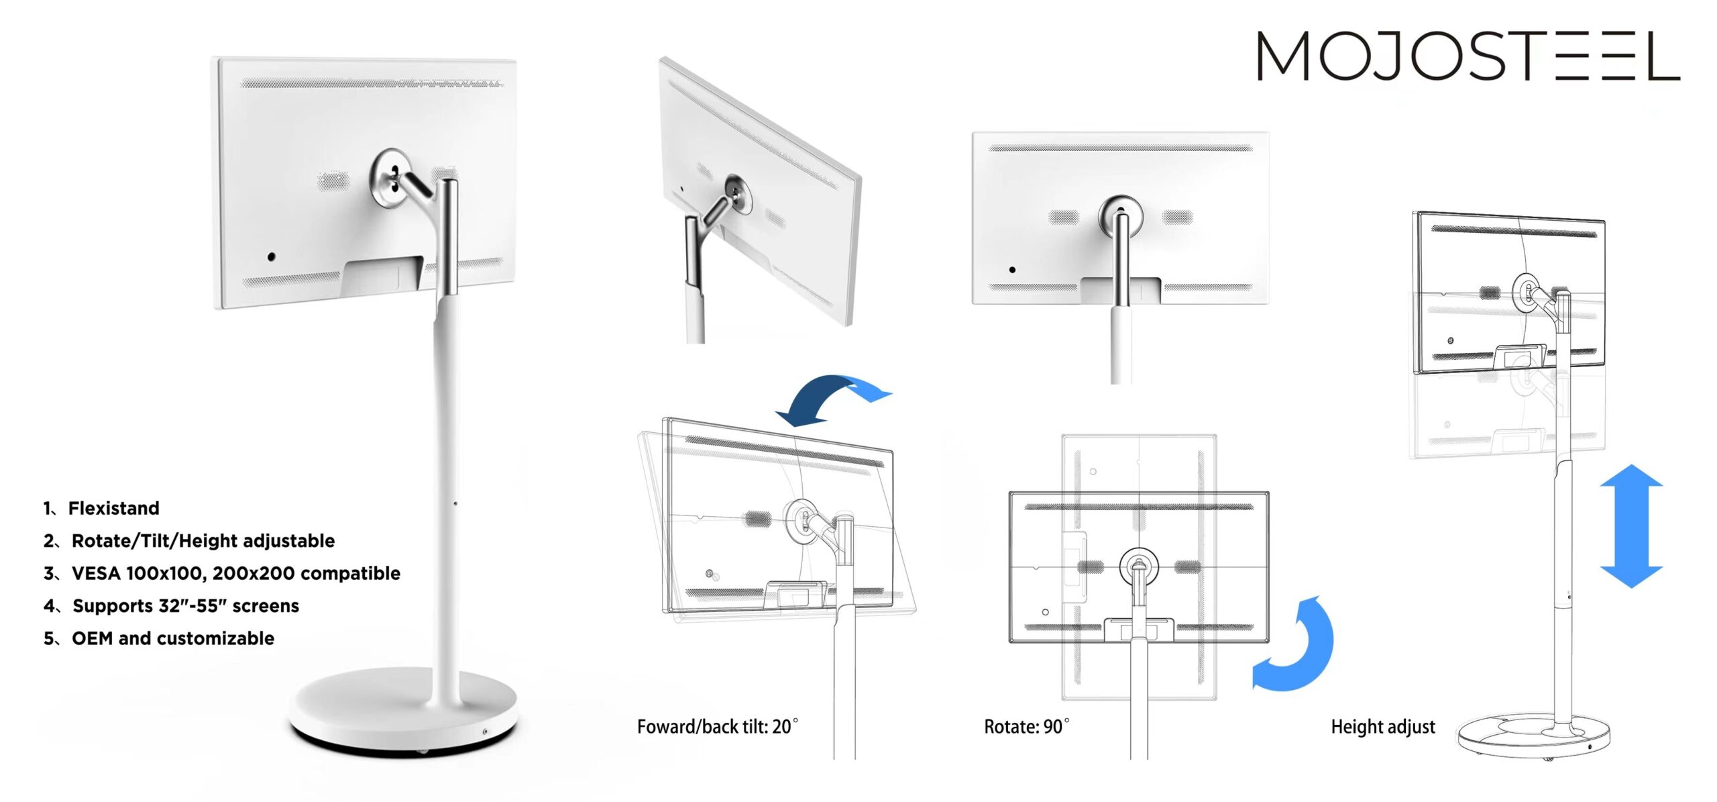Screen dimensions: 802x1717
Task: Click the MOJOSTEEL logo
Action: pyautogui.click(x=1467, y=56)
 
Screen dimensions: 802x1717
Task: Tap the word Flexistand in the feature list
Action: pyautogui.click(x=113, y=508)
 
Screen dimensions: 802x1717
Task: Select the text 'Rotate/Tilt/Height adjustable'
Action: pyautogui.click(x=203, y=541)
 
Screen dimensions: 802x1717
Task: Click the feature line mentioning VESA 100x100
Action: pyautogui.click(x=235, y=573)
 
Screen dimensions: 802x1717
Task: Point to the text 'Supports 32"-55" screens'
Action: pyautogui.click(x=185, y=606)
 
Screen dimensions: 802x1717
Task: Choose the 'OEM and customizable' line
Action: pyautogui.click(x=172, y=638)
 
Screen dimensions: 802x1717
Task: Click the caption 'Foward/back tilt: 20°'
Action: pyautogui.click(x=717, y=726)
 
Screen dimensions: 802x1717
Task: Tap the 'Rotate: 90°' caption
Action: pyautogui.click(x=1026, y=726)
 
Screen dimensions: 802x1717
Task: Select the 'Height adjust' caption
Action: pyautogui.click(x=1382, y=726)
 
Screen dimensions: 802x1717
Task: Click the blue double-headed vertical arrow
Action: pyautogui.click(x=1630, y=525)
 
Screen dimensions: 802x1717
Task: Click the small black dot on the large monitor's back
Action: pyautogui.click(x=271, y=256)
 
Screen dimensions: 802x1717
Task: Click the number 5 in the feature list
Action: pyautogui.click(x=49, y=638)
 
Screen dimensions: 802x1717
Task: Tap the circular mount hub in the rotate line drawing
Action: pyautogui.click(x=1138, y=566)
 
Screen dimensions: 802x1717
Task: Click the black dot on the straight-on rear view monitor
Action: pyautogui.click(x=1012, y=270)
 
